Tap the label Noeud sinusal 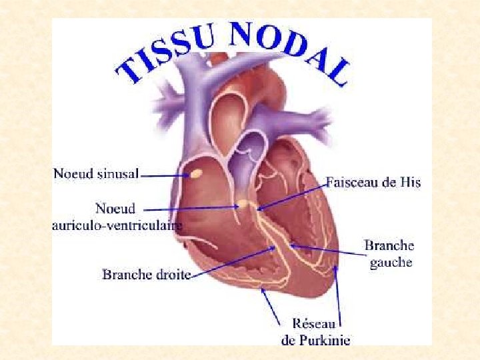point(96,175)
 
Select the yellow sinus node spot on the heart point(197,174)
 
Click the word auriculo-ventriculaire point(117,225)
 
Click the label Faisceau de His point(373,181)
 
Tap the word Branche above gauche point(389,246)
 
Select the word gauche point(391,262)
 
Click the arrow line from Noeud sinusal point(164,175)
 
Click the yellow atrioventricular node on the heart point(245,202)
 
